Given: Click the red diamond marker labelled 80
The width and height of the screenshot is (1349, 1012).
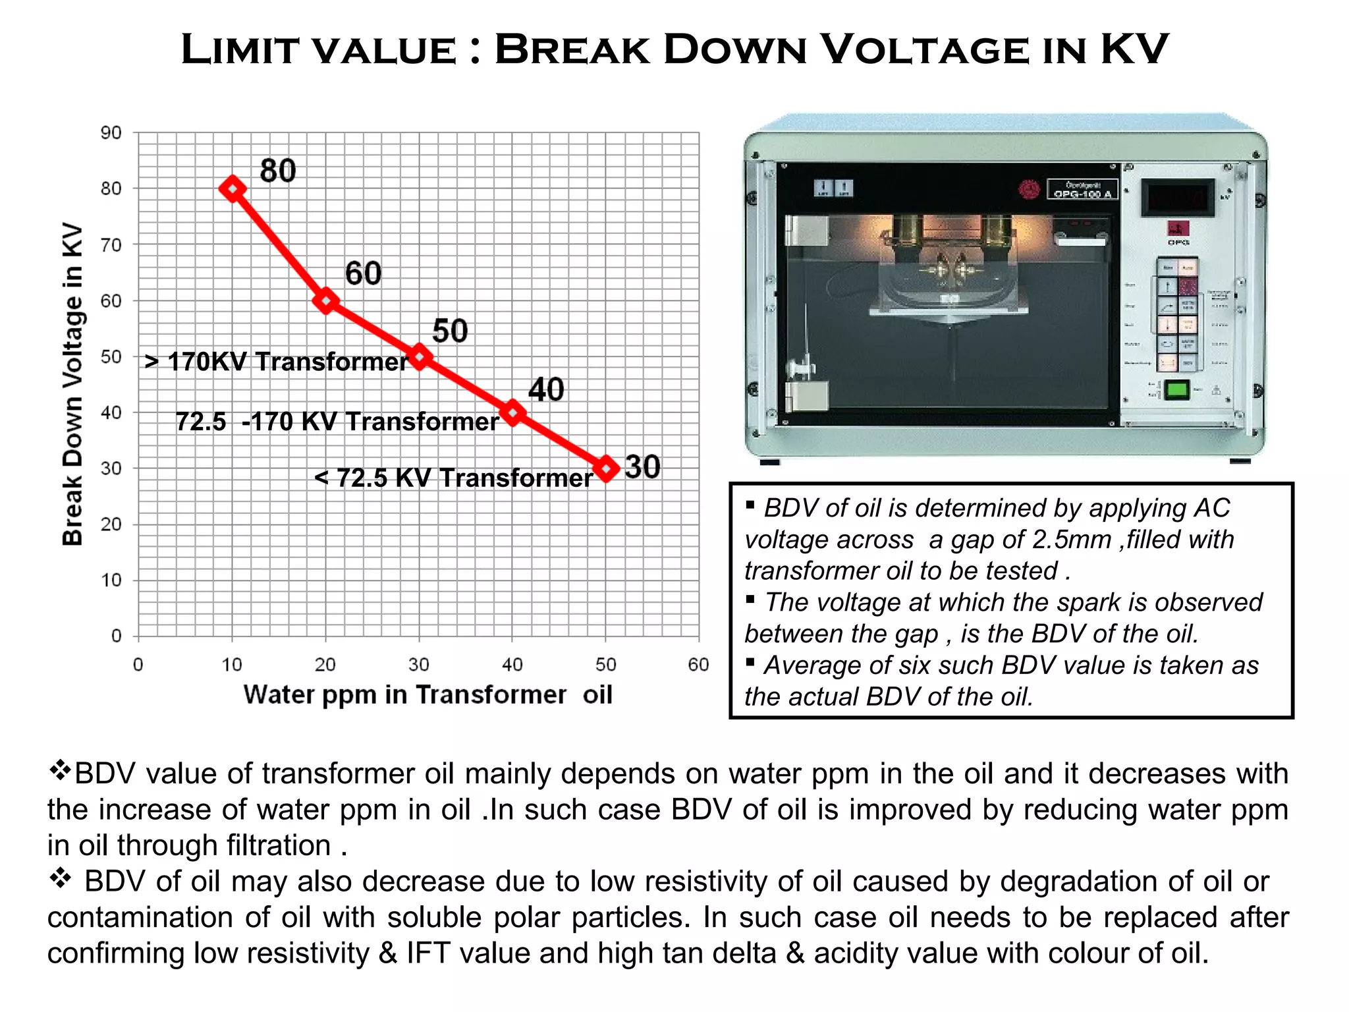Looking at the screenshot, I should click(233, 189).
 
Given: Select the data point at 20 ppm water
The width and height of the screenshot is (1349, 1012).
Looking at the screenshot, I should click(325, 301).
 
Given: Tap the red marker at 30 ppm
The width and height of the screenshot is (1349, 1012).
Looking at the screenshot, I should click(420, 357).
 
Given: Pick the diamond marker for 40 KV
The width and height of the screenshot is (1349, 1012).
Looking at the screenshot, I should click(513, 413).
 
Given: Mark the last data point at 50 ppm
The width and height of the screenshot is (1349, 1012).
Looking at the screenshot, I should click(606, 468).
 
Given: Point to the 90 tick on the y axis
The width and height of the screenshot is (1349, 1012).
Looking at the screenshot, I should click(111, 133).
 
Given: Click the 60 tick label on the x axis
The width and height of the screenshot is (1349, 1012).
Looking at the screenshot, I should click(698, 664).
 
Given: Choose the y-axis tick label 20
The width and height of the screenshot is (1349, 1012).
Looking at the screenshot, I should click(111, 524).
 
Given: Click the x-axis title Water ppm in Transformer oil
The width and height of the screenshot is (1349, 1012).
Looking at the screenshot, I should click(427, 694).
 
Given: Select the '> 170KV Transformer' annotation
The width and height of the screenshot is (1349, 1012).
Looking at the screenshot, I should click(277, 362).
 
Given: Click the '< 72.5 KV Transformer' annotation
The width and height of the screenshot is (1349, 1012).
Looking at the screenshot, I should click(454, 478).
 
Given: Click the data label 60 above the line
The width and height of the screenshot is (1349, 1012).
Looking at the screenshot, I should click(363, 273).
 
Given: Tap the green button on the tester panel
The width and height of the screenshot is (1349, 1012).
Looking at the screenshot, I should click(1176, 390).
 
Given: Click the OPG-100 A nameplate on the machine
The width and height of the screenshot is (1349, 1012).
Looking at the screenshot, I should click(1082, 190).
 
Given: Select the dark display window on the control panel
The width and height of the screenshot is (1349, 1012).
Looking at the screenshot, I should click(1178, 198).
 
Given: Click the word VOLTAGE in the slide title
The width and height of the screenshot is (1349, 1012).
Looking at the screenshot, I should click(925, 50).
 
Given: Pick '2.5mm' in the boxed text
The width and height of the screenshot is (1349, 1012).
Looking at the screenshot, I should click(1072, 540).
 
